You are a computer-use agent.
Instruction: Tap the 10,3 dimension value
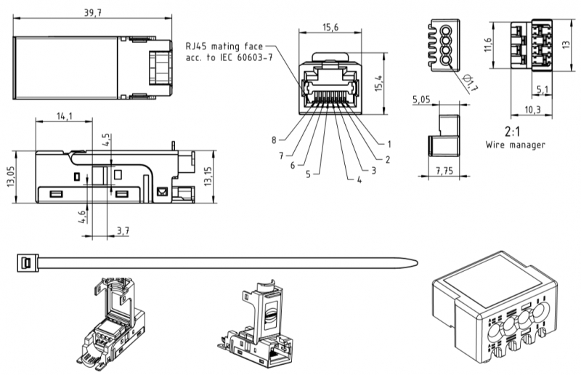tap(534, 109)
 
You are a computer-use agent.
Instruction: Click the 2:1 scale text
tap(515, 133)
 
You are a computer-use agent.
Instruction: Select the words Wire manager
tap(515, 145)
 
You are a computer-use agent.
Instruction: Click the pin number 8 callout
tap(275, 140)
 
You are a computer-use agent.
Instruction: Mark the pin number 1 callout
tap(389, 144)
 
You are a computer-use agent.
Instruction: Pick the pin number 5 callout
tap(308, 174)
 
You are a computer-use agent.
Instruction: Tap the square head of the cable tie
tap(25, 262)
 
